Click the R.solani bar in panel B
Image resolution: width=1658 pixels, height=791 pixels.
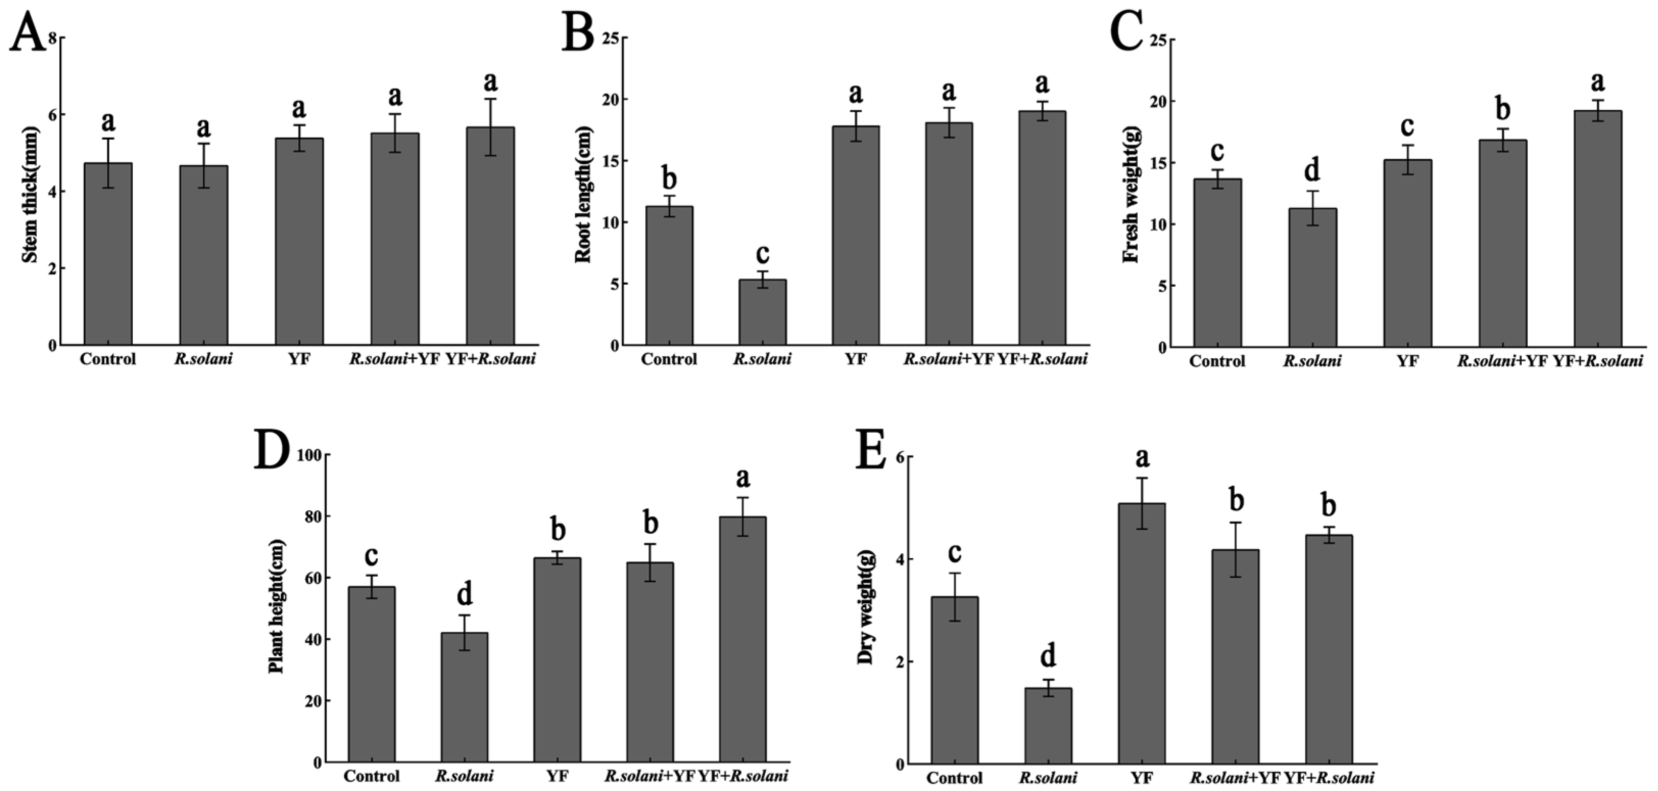click(762, 312)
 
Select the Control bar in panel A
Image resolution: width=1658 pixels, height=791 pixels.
click(108, 254)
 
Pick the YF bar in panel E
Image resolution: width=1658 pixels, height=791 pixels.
click(1141, 634)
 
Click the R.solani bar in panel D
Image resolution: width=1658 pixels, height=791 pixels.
click(464, 697)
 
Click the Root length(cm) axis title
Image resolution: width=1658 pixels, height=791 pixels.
click(582, 195)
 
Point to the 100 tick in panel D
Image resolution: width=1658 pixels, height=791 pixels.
click(309, 455)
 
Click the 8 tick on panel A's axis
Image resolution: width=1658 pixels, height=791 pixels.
click(53, 39)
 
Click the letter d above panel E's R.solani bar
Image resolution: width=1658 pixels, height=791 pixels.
click(1048, 656)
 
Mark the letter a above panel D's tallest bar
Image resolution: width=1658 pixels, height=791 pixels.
click(743, 478)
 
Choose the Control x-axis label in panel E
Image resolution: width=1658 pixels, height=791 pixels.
click(955, 778)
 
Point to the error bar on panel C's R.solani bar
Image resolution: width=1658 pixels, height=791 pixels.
click(1312, 208)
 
